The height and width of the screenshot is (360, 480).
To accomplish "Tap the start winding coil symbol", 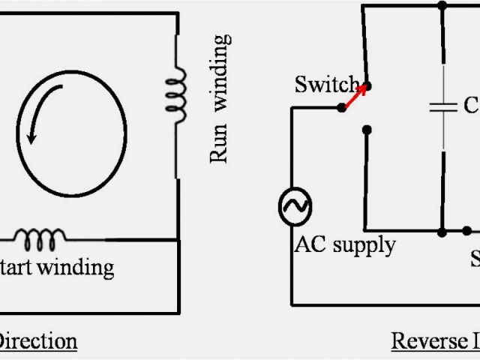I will [x=39, y=238].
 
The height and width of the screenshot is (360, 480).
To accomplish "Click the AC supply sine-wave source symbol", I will [x=295, y=205].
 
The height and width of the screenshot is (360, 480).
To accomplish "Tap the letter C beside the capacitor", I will [x=470, y=106].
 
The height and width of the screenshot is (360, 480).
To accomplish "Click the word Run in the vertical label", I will [x=218, y=148].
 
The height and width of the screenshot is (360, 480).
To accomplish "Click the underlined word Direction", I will [x=37, y=341].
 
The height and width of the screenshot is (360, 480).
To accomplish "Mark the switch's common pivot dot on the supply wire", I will [x=342, y=107].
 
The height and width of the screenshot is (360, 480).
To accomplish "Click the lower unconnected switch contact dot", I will [x=366, y=130].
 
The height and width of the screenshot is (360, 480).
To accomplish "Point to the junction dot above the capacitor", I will [x=442, y=6].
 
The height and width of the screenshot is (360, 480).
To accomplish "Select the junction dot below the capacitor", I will [x=443, y=230].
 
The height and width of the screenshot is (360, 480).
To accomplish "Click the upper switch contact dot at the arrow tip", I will [x=367, y=85].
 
